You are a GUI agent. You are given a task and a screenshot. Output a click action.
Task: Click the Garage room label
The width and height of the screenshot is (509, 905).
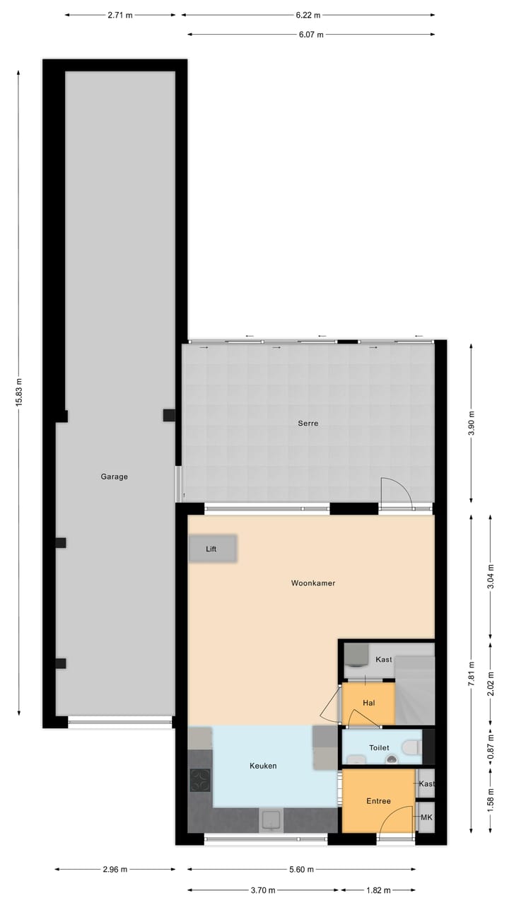tap(114, 477)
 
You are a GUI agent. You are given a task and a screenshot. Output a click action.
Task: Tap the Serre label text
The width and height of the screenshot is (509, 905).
tap(308, 424)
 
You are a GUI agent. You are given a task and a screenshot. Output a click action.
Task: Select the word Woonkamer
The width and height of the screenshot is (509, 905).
tap(313, 583)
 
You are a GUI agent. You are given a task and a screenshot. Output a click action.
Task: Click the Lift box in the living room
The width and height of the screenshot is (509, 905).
tap(212, 549)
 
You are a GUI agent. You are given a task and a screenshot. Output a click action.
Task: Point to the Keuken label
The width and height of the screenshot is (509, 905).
tap(263, 766)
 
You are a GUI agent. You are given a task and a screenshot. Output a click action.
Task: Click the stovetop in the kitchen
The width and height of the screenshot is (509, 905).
tap(200, 780)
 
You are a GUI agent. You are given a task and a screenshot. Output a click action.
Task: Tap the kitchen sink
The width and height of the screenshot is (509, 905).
tap(271, 819)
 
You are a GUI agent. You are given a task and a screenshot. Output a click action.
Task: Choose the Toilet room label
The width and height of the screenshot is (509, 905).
tap(379, 747)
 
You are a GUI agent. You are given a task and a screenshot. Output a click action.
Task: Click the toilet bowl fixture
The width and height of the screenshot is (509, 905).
tap(410, 747)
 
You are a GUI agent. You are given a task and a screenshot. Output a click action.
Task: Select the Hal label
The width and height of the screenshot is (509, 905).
tap(368, 703)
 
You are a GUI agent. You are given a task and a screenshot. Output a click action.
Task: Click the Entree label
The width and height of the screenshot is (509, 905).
tap(378, 801)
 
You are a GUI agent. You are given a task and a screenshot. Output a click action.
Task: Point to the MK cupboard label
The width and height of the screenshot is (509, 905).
tap(426, 817)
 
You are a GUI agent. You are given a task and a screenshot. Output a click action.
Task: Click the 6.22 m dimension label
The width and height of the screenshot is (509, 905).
tap(308, 15)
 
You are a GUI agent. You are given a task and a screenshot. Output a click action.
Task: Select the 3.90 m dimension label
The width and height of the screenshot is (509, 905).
tap(472, 424)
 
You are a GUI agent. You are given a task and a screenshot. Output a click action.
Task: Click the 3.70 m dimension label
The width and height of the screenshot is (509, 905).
tap(263, 889)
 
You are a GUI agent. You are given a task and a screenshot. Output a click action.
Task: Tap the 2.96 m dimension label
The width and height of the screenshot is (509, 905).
tap(115, 870)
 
